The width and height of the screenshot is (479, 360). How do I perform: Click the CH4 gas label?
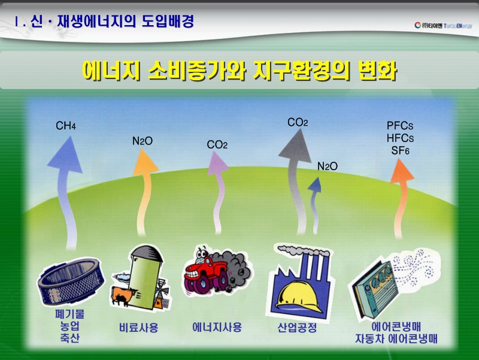click(66, 126)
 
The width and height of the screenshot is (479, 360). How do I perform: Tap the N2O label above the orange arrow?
click(143, 141)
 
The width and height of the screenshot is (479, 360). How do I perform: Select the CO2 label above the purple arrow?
click(217, 145)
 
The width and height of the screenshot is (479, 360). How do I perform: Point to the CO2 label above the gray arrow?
click(298, 123)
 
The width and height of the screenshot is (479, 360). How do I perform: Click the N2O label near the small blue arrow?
click(328, 167)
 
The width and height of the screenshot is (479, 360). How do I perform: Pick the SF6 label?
click(400, 150)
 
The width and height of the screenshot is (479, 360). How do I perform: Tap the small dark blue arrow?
click(314, 201)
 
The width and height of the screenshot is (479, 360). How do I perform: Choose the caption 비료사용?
click(139, 328)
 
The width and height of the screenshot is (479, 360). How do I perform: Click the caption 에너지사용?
click(217, 327)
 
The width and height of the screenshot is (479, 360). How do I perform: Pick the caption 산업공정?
click(297, 328)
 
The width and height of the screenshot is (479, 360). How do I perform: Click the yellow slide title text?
click(239, 71)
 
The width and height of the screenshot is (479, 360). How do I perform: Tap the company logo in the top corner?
click(443, 25)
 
